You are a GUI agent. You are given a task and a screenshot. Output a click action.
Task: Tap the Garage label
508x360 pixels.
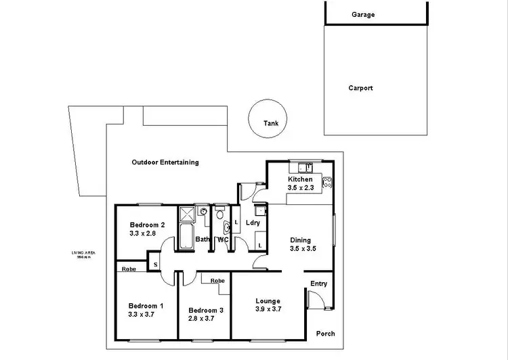(x=362, y=14)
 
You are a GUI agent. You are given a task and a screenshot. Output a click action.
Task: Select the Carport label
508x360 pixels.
(x=360, y=88)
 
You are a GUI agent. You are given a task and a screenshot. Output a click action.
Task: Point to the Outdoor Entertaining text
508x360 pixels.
(x=165, y=162)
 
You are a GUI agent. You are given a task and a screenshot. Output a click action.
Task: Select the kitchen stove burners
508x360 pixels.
(x=328, y=181)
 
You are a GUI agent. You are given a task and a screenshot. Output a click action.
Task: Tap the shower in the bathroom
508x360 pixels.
(x=186, y=215)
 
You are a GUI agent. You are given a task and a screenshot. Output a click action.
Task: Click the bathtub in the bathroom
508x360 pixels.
(x=186, y=239)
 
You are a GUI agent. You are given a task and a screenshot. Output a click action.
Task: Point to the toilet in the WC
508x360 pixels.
(x=220, y=215)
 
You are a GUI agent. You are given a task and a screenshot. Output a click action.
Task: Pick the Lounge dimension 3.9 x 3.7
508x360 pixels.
(x=268, y=310)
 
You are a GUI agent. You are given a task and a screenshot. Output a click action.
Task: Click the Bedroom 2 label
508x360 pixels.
(x=148, y=225)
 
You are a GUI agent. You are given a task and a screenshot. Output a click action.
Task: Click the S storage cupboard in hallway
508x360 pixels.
(x=155, y=265)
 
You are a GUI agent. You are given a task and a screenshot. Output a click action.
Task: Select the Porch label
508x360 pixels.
(x=325, y=334)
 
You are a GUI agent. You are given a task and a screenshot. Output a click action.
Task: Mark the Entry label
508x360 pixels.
(x=319, y=284)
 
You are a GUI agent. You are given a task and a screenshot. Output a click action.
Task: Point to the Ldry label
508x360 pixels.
(x=253, y=223)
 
